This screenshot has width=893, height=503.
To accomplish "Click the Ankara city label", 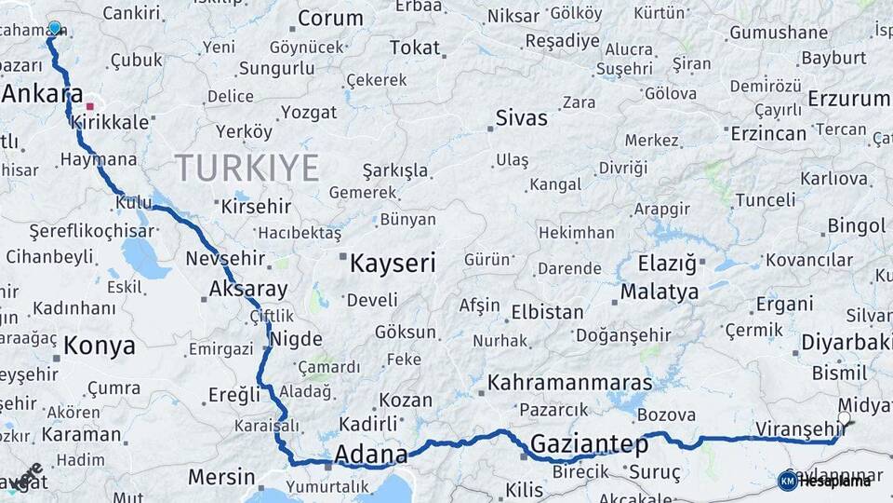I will [x=43, y=95].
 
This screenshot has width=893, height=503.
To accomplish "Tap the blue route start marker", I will [x=54, y=28].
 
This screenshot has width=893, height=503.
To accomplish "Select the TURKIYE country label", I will [x=247, y=168].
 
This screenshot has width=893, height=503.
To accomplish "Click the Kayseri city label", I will [x=392, y=264].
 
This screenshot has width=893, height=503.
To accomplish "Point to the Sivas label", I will [x=521, y=118].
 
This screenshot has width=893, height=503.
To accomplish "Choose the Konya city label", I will [x=100, y=347].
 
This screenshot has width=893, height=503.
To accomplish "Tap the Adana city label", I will [x=370, y=455].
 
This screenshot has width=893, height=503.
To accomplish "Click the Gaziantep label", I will [x=589, y=443].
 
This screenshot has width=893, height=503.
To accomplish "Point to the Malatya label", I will [x=659, y=292].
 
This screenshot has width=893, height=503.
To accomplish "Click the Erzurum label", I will [x=848, y=99].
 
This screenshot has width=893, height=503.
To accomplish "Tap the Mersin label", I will [x=221, y=478].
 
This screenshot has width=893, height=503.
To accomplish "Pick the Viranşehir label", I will [x=798, y=428].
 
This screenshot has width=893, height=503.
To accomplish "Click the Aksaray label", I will [x=248, y=289].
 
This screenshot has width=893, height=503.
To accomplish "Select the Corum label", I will [x=330, y=19].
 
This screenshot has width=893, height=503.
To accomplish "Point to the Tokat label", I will [x=415, y=48].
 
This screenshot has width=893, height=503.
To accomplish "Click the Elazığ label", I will [x=667, y=264].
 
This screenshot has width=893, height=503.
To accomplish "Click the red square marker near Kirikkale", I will [x=90, y=106].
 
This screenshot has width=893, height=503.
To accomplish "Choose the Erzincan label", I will [x=768, y=133].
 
